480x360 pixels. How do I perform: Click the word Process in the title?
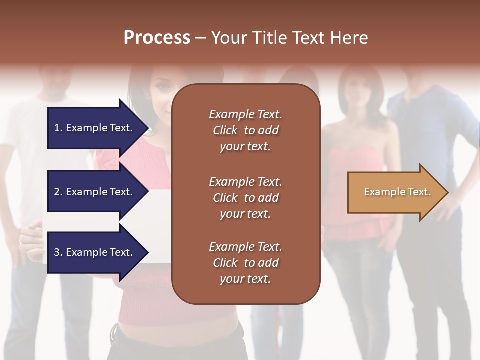(x=157, y=38)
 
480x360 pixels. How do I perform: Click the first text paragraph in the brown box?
(x=245, y=130)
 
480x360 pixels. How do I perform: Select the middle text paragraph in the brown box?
(x=245, y=198)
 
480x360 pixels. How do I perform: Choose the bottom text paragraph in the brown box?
(x=245, y=263)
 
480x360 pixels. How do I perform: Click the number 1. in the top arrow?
(x=58, y=128)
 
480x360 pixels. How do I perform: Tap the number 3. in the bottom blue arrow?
(x=58, y=252)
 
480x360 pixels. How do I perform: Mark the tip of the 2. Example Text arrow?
(x=148, y=192)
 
